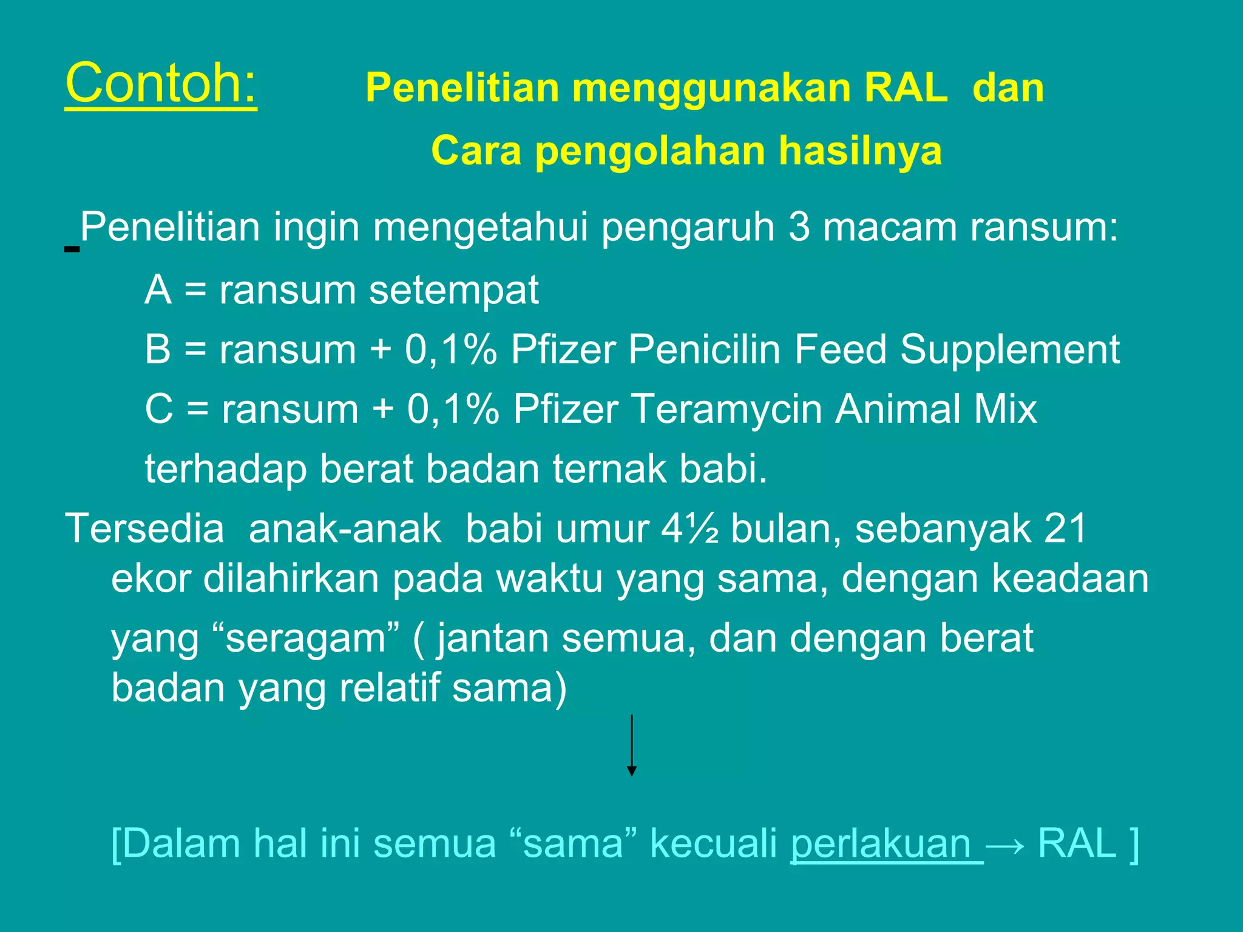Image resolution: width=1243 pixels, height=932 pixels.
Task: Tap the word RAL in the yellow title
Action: point(906,88)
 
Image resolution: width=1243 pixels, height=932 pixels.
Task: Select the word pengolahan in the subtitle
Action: point(649,151)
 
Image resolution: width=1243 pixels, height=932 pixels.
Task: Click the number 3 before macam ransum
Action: point(799,228)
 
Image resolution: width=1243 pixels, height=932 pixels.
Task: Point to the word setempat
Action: point(454,290)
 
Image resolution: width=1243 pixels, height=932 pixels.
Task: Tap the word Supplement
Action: point(1010,349)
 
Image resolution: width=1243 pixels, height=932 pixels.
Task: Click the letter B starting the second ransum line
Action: point(158,349)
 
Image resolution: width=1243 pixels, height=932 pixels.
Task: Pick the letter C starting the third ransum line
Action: point(159,409)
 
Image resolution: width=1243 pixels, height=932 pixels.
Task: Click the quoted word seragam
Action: point(307,639)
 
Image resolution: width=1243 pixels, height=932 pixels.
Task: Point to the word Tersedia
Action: point(144,528)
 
